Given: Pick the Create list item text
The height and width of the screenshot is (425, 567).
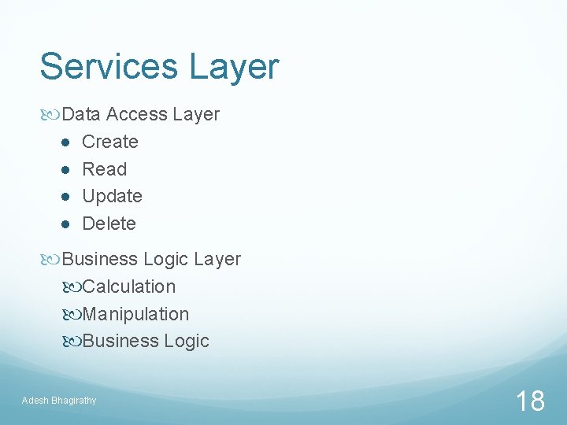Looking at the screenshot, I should (x=110, y=142).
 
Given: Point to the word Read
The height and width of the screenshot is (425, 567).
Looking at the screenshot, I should (x=104, y=169).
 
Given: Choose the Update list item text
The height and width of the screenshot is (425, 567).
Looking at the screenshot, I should (x=112, y=197).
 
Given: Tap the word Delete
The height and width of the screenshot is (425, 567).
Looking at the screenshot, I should (x=109, y=224).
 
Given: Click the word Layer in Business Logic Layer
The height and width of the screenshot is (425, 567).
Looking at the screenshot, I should (x=217, y=260).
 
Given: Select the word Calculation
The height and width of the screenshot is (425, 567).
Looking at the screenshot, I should (x=129, y=286).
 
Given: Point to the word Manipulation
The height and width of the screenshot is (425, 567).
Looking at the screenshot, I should (x=135, y=314).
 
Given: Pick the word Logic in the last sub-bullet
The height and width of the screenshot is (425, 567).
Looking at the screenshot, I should (x=187, y=342).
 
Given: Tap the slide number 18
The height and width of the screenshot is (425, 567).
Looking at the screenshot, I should (x=530, y=401).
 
